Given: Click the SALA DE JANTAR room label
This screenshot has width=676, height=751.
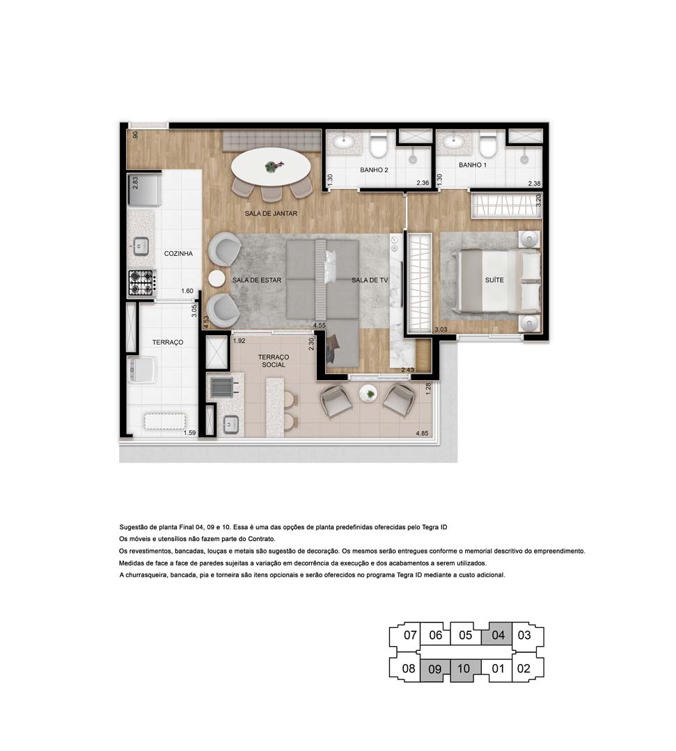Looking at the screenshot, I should coord(271,213).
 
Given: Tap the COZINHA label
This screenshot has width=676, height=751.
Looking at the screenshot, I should coord(178,254).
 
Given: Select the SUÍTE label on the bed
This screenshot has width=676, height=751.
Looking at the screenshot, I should coord(494,280).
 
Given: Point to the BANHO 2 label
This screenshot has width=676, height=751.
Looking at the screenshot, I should coord(374,170).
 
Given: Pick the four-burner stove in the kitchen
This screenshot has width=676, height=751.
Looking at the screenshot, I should coord(141,282).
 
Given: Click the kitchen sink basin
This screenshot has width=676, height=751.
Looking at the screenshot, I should coord(141,245).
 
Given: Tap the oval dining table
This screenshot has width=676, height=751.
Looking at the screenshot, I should coord(272,166).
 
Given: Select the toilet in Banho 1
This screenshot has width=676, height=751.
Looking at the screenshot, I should coord(487,146).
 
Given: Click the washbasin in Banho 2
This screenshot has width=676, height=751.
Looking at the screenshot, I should coord(343,143).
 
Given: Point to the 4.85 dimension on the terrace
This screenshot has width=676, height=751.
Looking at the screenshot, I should coord(422,433).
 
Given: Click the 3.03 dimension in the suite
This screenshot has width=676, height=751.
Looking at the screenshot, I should coord(441,329).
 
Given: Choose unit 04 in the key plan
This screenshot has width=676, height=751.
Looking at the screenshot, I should coord(497,634).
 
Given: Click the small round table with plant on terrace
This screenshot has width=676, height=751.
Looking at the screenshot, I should coord(368,394).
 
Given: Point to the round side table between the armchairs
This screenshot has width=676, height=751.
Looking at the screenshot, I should coord(217,277).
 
